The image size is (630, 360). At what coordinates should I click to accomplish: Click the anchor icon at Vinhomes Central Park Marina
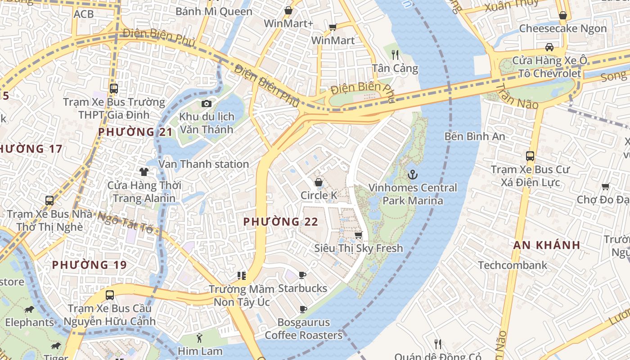(x=412, y=174)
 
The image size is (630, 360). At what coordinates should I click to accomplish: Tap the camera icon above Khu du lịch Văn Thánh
(x=207, y=104)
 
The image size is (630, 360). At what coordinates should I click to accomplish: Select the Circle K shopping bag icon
(x=319, y=182)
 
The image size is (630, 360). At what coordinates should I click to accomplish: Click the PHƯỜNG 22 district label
(x=281, y=222)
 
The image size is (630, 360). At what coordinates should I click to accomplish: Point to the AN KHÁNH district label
(x=547, y=245)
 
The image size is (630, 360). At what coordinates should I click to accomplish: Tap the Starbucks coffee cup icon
(x=302, y=275)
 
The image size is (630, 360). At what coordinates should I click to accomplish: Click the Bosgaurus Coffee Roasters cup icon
(x=303, y=309)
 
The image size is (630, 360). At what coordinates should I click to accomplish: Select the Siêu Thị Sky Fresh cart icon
(x=359, y=235)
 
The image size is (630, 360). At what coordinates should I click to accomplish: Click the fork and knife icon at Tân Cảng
(x=395, y=55)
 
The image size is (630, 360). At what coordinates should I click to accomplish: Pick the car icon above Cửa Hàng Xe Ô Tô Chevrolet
(x=549, y=47)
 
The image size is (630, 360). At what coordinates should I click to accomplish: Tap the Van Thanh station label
(x=203, y=164)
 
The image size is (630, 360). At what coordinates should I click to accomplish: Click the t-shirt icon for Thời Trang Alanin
(x=144, y=171)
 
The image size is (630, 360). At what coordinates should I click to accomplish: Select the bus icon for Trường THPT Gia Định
(x=114, y=89)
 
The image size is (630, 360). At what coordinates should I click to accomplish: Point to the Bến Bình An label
(x=474, y=136)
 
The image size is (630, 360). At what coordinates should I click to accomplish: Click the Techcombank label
(x=513, y=265)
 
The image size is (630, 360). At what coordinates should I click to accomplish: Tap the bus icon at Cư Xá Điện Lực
(x=530, y=156)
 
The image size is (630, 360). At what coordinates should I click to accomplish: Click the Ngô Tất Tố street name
(x=126, y=222)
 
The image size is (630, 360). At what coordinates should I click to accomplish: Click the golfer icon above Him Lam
(x=199, y=338)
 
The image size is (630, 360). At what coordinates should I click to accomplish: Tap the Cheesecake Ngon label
(x=562, y=28)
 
